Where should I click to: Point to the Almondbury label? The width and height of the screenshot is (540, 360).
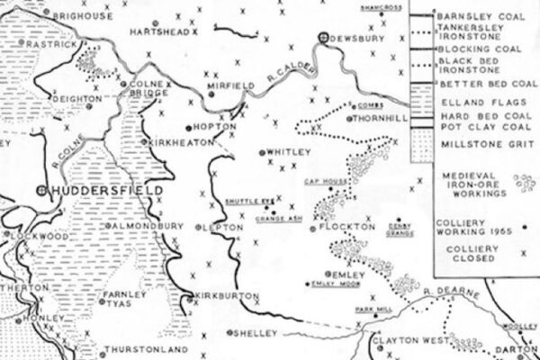(x=147, y=225)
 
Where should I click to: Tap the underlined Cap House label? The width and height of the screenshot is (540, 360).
(x=323, y=183)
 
